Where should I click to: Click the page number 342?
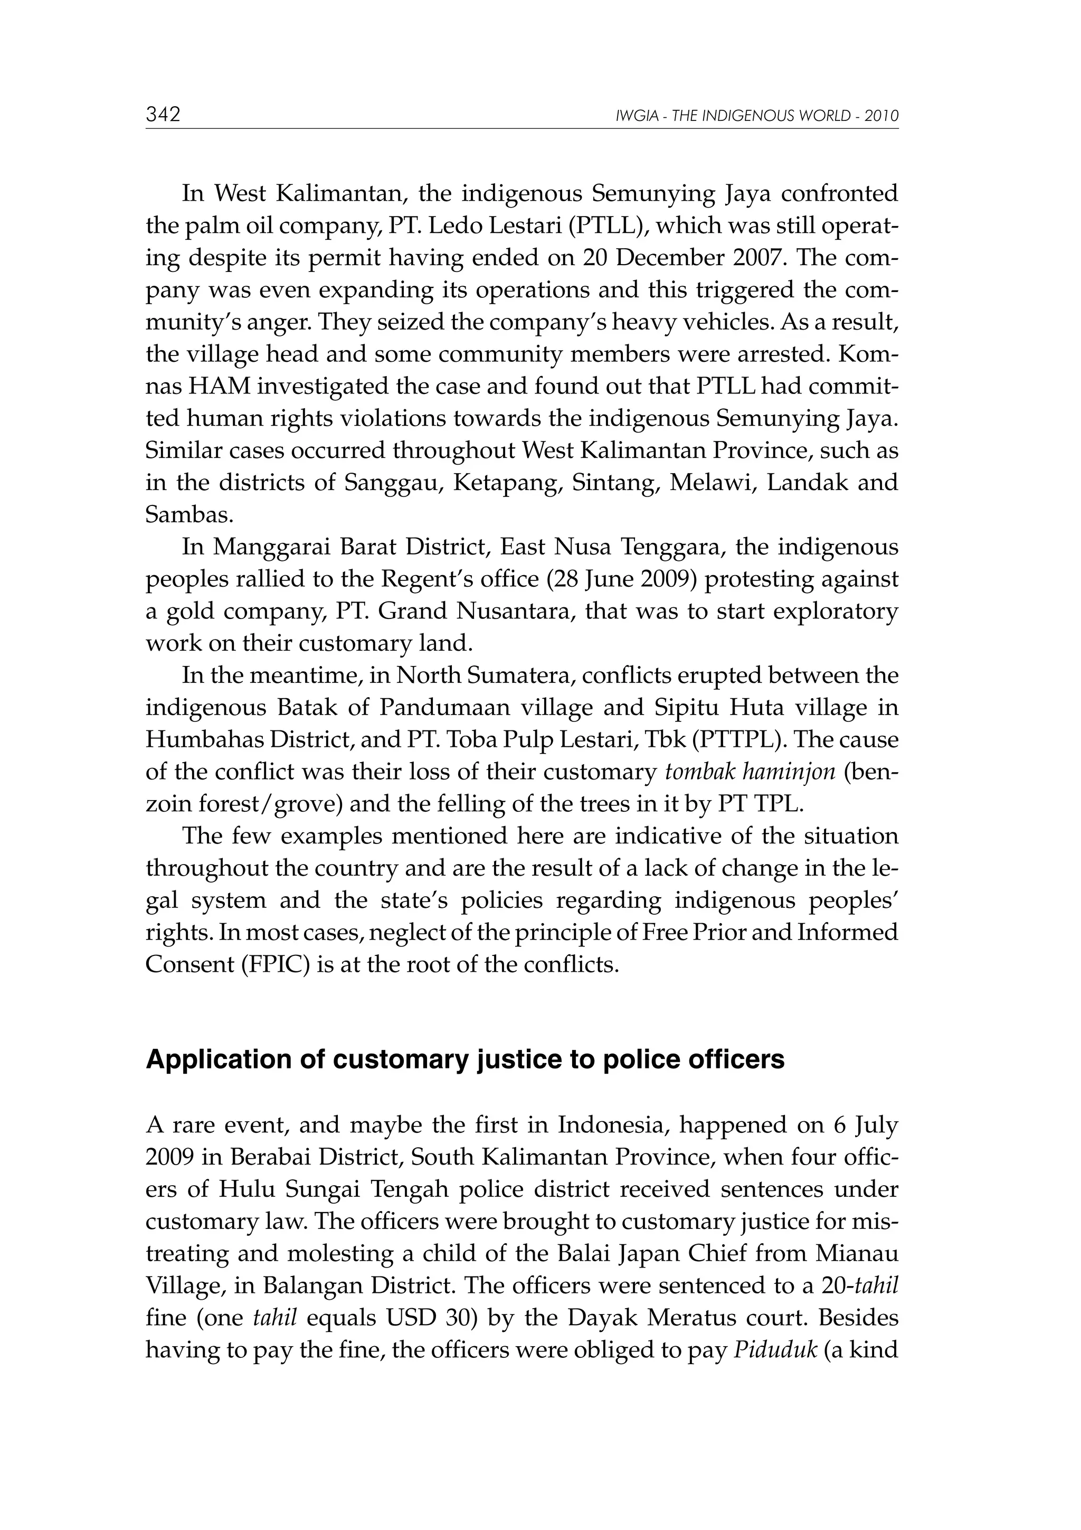163,115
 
